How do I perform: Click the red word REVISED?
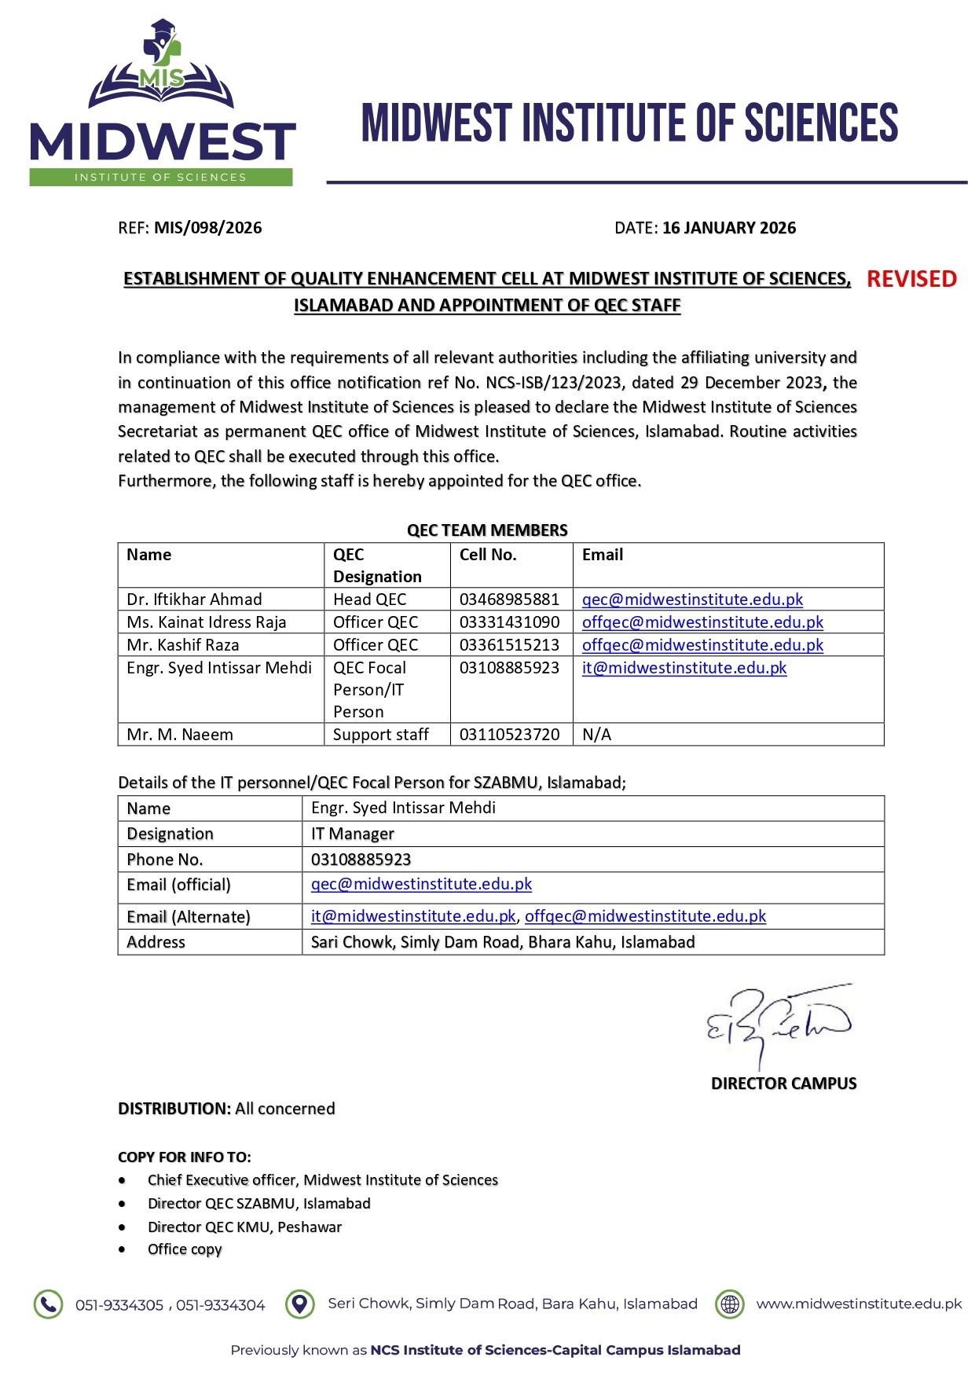(x=911, y=279)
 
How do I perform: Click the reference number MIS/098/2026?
(x=207, y=228)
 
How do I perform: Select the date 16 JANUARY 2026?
(x=728, y=228)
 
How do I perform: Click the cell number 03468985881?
(x=509, y=600)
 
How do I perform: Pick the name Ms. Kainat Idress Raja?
(x=207, y=622)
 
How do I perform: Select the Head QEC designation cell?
(x=369, y=600)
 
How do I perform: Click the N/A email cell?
(x=596, y=735)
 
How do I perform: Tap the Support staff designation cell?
(x=380, y=735)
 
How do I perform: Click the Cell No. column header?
(x=488, y=555)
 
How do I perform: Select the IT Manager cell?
(x=352, y=834)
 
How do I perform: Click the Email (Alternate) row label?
(x=189, y=917)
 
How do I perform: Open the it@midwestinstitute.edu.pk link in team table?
(x=684, y=668)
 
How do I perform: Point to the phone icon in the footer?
(x=48, y=1304)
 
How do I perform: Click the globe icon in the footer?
(x=730, y=1304)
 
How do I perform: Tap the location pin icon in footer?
(x=299, y=1304)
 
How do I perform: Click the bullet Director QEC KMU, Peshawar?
(x=244, y=1227)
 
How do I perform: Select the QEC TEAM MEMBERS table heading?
(x=487, y=530)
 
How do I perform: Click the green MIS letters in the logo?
(x=161, y=78)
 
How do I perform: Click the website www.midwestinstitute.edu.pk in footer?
(x=859, y=1304)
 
